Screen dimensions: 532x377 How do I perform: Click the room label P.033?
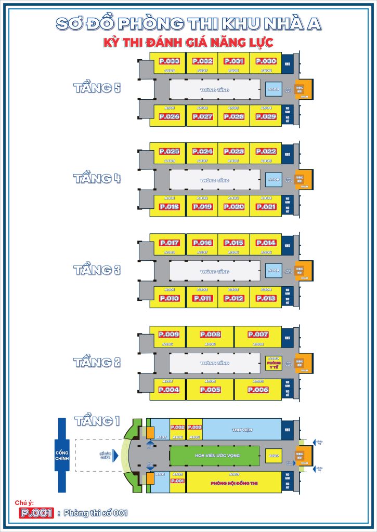pos(169,61)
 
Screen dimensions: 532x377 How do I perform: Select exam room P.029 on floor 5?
pos(266,117)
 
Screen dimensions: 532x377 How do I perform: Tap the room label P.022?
pos(266,152)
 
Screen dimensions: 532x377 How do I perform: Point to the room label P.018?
pos(169,207)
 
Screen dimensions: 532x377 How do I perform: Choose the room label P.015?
pos(233,243)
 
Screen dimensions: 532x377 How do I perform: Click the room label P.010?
pos(169,298)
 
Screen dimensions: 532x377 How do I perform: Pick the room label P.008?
pos(210,335)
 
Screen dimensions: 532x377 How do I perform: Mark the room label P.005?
pos(210,390)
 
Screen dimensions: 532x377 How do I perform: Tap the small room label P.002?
pos(178,427)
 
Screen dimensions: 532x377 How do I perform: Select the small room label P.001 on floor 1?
pos(178,481)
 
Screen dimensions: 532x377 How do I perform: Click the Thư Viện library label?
pos(241,430)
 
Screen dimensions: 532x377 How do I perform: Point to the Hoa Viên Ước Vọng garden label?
pos(214,456)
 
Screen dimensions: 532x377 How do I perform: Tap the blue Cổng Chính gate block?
pos(62,455)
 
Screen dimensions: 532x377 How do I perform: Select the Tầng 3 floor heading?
pos(97,270)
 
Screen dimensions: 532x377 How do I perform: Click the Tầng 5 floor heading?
pos(97,88)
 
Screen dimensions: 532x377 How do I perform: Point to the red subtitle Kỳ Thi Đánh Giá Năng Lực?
pos(188,42)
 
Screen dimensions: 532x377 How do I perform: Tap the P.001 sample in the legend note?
pos(36,513)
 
